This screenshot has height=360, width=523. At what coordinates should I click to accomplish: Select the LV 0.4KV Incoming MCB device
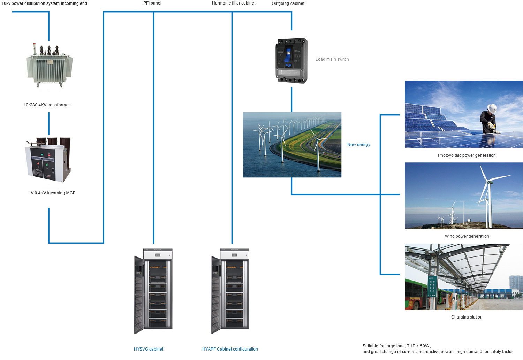[x=48, y=160]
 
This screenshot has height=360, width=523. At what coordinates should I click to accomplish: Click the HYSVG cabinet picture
[x=153, y=291]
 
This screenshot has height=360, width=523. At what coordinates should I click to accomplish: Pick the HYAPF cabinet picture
[x=230, y=291]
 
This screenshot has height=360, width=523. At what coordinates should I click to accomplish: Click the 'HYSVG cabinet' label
[x=149, y=349]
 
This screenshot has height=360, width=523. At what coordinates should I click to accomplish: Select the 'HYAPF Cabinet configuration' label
[x=230, y=349]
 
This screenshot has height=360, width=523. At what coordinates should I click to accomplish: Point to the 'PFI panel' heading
[x=152, y=3]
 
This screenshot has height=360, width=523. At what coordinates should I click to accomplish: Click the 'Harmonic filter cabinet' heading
[x=234, y=3]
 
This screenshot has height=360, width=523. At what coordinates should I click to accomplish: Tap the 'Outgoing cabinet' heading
[x=288, y=3]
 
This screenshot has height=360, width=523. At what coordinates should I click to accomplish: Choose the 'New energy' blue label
[x=358, y=145]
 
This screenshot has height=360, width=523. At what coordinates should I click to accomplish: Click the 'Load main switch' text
[x=332, y=59]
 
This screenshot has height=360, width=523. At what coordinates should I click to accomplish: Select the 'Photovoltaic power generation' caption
[x=467, y=155]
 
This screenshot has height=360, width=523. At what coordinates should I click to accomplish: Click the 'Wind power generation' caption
[x=467, y=236]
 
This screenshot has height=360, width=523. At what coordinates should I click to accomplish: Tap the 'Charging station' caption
[x=467, y=317]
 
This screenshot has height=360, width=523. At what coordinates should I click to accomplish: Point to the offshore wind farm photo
[x=292, y=145]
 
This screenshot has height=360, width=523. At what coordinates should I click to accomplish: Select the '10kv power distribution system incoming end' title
[x=44, y=3]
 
